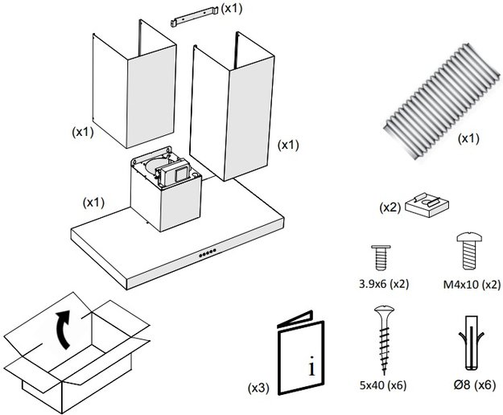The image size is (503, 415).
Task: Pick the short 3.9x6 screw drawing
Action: (x=380, y=258)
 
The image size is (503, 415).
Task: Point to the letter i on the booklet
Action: (x=311, y=368)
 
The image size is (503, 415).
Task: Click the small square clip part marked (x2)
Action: (x=427, y=206)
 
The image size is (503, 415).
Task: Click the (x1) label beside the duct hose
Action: (x=468, y=138)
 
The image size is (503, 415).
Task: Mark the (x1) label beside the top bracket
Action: (x=233, y=8)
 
